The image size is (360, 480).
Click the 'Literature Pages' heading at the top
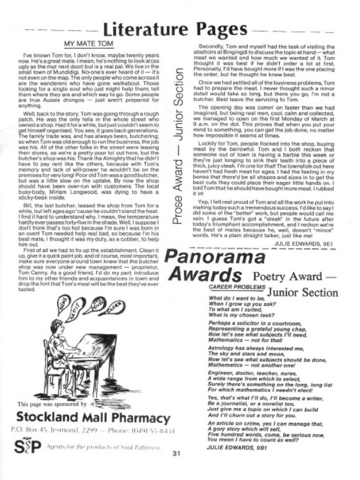pyautogui.click(x=180, y=28)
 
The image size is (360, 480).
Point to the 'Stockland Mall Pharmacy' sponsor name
pyautogui.click(x=87, y=417)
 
